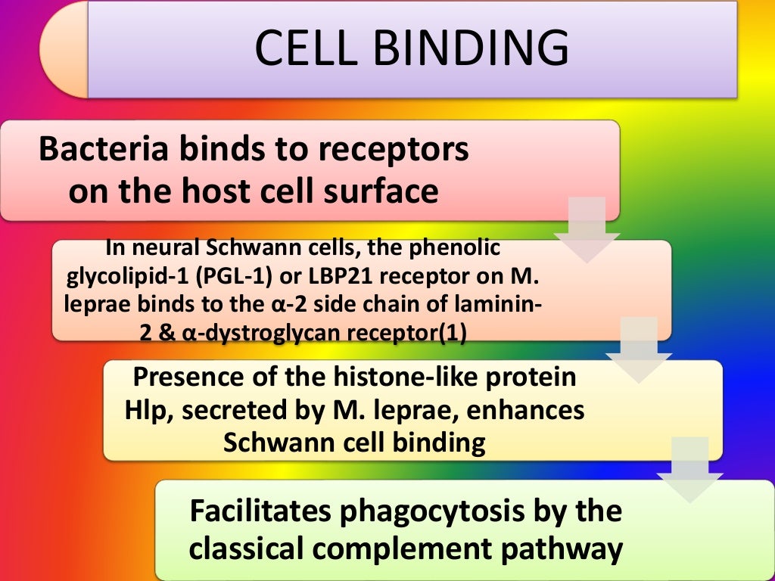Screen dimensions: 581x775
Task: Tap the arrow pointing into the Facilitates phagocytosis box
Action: [x=689, y=469]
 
